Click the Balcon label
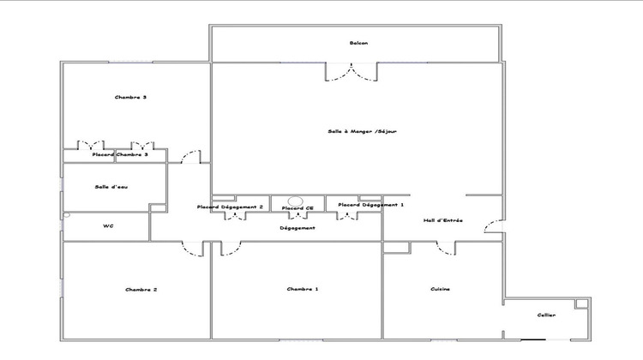pos(358,44)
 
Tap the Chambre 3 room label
pos(130,98)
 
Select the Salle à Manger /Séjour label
pos(362,131)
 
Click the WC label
pos(108,226)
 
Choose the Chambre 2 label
pos(141,290)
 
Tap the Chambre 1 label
pos(303,290)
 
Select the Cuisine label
pos(441,290)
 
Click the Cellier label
pos(546,315)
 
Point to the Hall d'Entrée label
pos(443,220)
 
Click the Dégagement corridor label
pos(297,228)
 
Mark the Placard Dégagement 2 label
pos(230,207)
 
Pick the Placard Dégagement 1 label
pos(371,205)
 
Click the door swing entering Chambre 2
pos(193,248)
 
